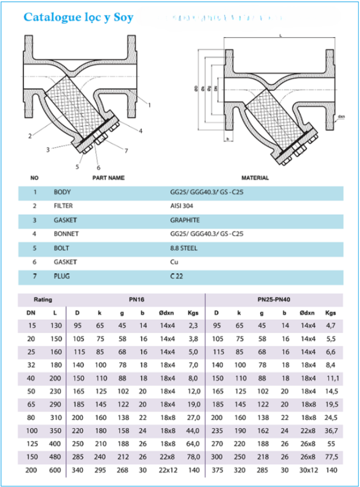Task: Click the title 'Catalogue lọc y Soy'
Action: coord(78,18)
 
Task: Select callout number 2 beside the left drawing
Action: coord(30,135)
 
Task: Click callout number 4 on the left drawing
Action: coord(140,131)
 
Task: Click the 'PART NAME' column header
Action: coord(109,178)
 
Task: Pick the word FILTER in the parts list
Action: coord(63,206)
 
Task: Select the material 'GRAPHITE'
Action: coord(185,220)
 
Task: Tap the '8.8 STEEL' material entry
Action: coord(184,248)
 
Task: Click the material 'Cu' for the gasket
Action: coord(174,262)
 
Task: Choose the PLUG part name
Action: coord(62,277)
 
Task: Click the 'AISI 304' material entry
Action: coord(182,206)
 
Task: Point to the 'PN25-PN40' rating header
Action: coord(274,299)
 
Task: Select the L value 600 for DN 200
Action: coord(56,470)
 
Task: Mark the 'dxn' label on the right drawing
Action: coord(341,117)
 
